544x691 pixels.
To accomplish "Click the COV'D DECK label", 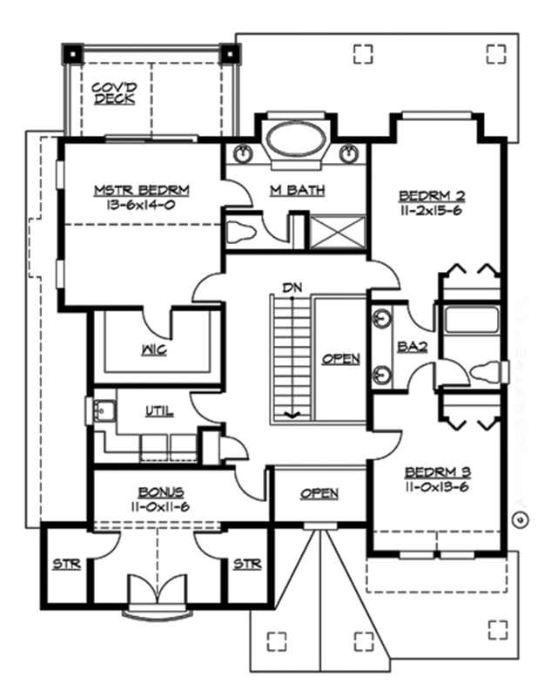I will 113,92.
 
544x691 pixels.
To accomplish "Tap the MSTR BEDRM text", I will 142,189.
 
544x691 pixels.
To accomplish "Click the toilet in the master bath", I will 240,233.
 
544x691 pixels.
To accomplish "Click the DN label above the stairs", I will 290,286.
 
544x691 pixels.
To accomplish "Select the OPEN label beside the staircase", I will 340,358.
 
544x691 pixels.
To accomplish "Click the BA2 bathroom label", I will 412,346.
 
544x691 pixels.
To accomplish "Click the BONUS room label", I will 154,491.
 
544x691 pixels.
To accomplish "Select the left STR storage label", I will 66,565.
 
